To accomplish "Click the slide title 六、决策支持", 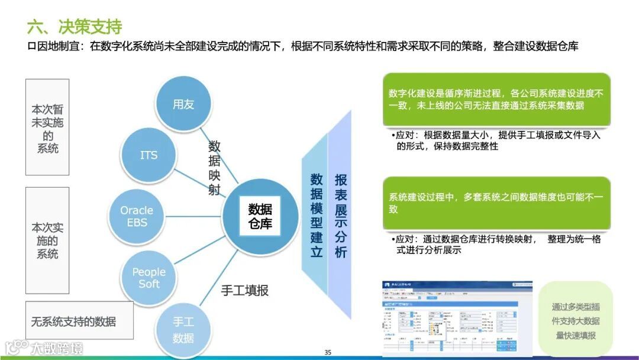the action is [75, 27].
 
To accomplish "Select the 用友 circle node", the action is [183, 104].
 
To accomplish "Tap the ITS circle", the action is [149, 155].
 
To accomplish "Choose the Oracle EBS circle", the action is [137, 216].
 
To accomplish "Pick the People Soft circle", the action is [149, 277].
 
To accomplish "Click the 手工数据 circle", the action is [183, 329].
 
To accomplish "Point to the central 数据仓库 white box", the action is [260, 216].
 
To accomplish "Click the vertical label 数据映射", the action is [214, 168].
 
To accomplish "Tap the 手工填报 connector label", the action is [244, 290].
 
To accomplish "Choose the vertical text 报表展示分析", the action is [341, 215].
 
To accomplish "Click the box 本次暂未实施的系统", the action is [47, 127].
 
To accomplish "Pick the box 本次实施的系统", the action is [47, 240].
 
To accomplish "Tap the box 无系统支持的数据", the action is [74, 322].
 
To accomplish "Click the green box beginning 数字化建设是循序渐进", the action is [496, 99].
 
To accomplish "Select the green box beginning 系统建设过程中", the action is [496, 203].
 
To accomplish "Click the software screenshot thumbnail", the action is [456, 318].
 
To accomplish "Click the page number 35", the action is [328, 352].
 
